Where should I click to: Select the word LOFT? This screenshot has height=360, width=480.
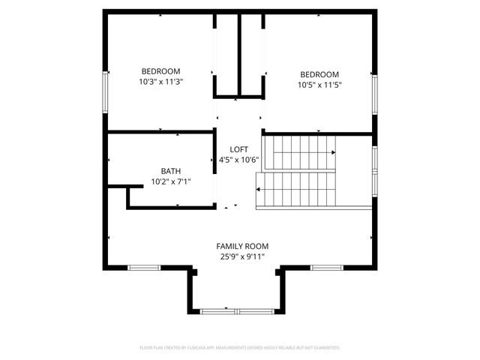(x=238, y=149)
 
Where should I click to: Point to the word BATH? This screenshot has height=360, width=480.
(x=171, y=170)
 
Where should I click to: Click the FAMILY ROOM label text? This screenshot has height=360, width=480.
(x=242, y=246)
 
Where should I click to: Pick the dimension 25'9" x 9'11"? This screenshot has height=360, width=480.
(x=242, y=256)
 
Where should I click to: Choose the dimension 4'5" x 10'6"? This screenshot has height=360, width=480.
(x=238, y=160)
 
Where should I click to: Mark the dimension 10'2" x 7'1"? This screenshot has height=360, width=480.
(x=171, y=181)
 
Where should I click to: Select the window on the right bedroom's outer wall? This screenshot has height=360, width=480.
(x=374, y=94)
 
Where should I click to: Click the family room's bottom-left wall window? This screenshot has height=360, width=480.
(x=144, y=267)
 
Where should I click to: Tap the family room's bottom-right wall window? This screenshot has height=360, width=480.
(x=327, y=267)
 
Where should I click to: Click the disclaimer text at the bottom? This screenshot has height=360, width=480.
(x=240, y=348)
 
